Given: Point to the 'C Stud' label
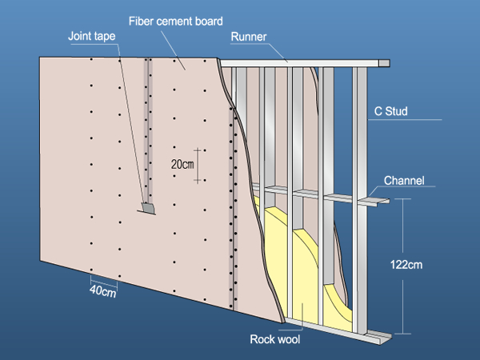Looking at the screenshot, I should [x=391, y=111].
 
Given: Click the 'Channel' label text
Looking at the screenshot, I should [x=404, y=180].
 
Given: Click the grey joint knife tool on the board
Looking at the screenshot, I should [x=148, y=208].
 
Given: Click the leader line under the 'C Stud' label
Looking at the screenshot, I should [x=408, y=120].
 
